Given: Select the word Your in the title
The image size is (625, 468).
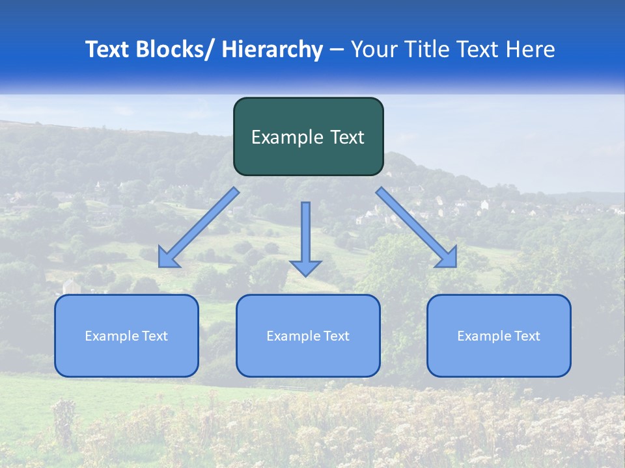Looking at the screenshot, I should (375, 49).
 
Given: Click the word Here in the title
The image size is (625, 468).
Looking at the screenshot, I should (530, 49).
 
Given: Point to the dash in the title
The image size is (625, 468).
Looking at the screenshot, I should (337, 49).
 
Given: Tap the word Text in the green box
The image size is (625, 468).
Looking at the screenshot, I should (348, 137).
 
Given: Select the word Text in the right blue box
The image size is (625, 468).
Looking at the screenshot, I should (527, 336).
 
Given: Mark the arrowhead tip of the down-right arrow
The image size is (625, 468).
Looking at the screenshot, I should (456, 266).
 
